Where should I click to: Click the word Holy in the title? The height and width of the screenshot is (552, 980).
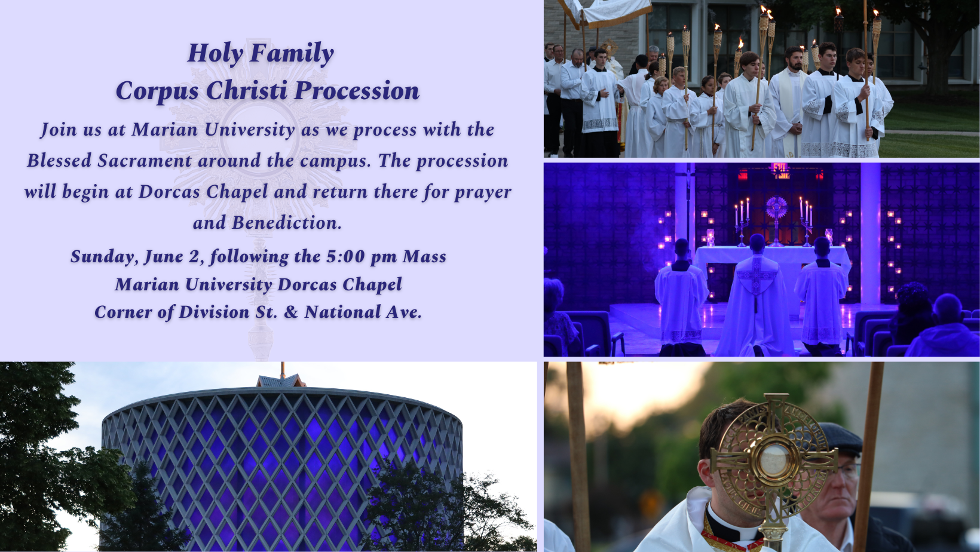(x=215, y=54)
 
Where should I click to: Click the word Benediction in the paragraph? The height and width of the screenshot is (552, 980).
(x=286, y=223)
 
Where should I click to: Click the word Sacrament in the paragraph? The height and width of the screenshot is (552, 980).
(x=145, y=161)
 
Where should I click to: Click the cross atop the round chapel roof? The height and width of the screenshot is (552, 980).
(x=283, y=370)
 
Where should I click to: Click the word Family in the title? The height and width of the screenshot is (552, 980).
(x=292, y=54)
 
